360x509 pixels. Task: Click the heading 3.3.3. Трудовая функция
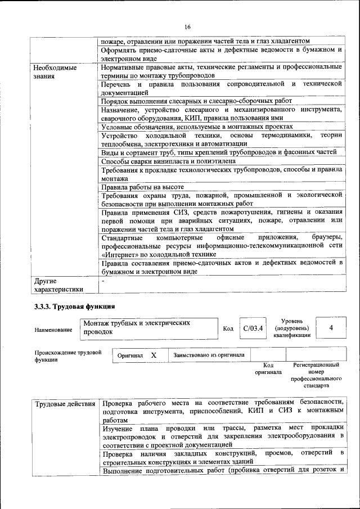click(74, 306)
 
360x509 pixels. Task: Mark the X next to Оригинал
click(154, 355)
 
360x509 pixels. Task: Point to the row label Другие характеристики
click(58, 285)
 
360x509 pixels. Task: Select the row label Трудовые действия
click(65, 403)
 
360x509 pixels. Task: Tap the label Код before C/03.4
click(228, 328)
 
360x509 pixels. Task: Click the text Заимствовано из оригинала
click(209, 355)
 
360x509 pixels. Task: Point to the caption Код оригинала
click(268, 368)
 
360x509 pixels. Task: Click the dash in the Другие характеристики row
click(103, 280)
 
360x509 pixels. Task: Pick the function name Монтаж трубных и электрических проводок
click(136, 327)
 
